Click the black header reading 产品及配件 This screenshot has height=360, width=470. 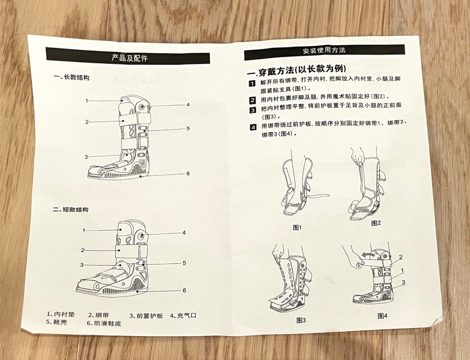[x=128, y=56]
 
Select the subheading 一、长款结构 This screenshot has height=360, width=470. [x=71, y=77]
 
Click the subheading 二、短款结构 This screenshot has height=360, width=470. [x=70, y=209]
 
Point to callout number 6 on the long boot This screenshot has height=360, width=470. [x=188, y=174]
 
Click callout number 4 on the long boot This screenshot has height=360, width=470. [x=188, y=105]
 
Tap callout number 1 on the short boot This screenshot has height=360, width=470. [x=84, y=230]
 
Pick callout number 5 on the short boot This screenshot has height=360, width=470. [x=184, y=263]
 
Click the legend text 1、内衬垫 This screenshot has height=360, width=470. [x=61, y=314]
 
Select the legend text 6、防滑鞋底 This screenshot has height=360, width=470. [x=104, y=323]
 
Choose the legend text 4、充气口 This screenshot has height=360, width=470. [x=183, y=315]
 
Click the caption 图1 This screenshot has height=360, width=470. [x=297, y=227]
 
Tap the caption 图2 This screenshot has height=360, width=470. [x=376, y=223]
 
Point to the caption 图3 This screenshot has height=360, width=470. [x=301, y=320]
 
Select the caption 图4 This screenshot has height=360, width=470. [x=382, y=315]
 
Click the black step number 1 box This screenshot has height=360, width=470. [x=252, y=83]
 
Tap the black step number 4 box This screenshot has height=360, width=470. [x=253, y=127]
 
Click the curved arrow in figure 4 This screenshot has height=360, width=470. [x=368, y=254]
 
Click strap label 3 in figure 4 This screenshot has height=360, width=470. [x=403, y=282]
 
